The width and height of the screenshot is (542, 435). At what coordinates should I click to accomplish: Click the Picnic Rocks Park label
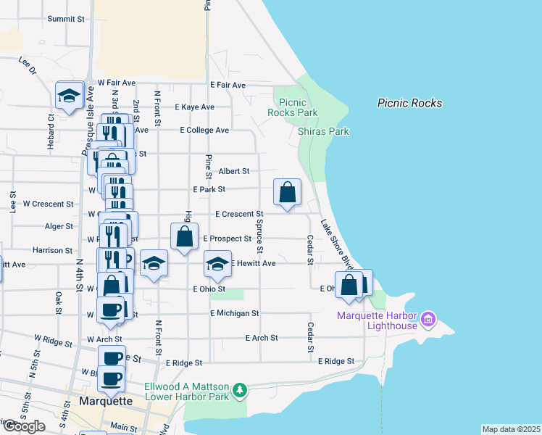coord(293,107)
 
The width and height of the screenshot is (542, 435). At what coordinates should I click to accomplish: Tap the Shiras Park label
coord(323,131)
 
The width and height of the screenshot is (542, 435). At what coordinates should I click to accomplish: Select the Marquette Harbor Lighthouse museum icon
coord(428,319)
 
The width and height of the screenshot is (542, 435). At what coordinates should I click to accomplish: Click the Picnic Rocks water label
coord(409,103)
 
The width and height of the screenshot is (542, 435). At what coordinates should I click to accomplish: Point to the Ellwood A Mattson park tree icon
coord(239,392)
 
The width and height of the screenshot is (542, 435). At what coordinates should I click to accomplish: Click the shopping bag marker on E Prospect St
coord(185,236)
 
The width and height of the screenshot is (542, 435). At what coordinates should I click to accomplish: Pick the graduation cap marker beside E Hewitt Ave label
coord(217,265)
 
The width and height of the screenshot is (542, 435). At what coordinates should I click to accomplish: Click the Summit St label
coord(66,19)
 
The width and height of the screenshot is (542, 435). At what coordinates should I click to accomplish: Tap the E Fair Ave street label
coord(228,85)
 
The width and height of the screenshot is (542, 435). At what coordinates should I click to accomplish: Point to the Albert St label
coord(234,171)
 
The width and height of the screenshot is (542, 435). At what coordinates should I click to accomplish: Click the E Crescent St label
coord(238,214)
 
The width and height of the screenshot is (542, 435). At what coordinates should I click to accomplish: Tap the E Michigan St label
coord(234,313)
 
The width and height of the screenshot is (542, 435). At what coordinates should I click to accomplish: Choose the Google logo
coord(23,426)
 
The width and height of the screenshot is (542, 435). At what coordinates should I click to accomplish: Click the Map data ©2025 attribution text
coord(512,429)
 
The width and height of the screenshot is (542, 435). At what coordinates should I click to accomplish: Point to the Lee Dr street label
coord(28,66)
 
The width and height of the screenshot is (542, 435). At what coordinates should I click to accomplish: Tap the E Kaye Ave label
coord(195,107)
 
